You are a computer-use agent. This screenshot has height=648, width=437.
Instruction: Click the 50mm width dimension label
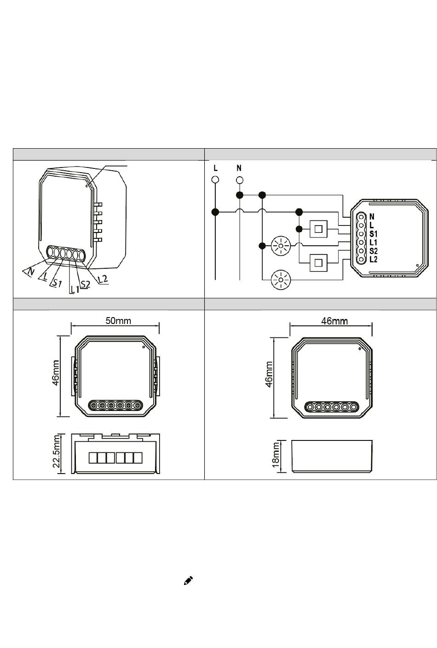[x=118, y=320]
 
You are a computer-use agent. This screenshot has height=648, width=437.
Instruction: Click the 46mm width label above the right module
[x=334, y=321]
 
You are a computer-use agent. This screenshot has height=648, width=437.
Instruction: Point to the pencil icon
[x=188, y=581]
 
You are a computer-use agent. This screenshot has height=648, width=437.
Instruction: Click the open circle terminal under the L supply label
[x=215, y=179]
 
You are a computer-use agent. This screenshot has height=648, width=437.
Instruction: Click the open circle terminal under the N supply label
[x=240, y=180]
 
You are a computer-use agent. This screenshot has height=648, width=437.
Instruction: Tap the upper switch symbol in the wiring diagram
[x=318, y=229]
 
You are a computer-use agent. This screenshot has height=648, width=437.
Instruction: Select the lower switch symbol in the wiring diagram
[x=318, y=263]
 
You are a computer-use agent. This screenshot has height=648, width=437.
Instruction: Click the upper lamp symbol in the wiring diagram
[x=281, y=246]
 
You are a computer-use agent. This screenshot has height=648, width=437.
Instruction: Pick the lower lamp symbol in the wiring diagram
[x=280, y=280]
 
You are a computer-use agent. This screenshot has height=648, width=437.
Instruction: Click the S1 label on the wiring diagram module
[x=374, y=234]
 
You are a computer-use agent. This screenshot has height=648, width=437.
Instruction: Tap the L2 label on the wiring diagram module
[x=374, y=259]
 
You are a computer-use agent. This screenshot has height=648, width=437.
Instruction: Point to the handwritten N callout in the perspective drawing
[x=30, y=272]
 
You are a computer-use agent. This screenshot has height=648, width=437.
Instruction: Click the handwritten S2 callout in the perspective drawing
[x=85, y=284]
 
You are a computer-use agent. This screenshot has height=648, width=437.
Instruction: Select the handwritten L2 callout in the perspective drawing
[x=103, y=279]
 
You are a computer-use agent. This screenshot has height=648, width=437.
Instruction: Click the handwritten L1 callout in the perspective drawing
[x=75, y=289]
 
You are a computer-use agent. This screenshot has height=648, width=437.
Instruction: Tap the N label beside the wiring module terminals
[x=372, y=216]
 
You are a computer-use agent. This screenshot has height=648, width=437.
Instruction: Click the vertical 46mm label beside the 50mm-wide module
[x=56, y=373]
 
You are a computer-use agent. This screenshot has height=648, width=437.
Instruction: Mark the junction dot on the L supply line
[x=215, y=212]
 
